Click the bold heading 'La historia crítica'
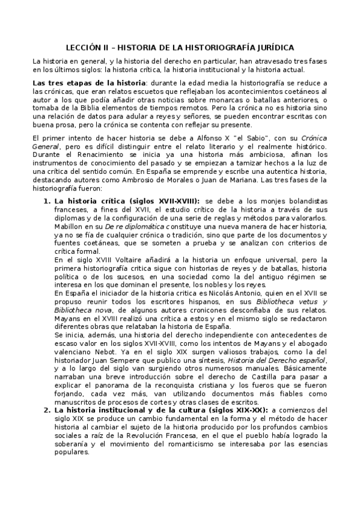[90, 200]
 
